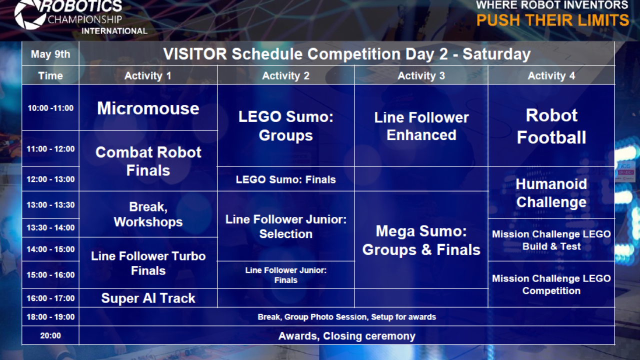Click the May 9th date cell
tap(50, 54)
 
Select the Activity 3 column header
tap(421, 75)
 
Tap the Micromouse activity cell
tap(148, 108)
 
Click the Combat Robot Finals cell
tap(148, 161)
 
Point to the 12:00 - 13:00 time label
tap(50, 179)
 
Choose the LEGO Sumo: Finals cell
tap(285, 179)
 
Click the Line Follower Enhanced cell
tap(421, 126)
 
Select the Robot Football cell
tap(551, 126)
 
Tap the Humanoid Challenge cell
tap(551, 193)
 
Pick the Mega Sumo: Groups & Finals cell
tap(421, 240)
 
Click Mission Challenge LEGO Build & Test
tap(551, 240)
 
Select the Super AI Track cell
tap(148, 298)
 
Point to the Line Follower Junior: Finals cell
tap(285, 275)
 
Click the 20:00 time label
tap(50, 336)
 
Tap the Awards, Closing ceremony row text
tap(346, 336)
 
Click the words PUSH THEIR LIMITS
tap(552, 20)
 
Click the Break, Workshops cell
tap(148, 214)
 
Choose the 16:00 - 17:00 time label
tap(50, 298)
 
